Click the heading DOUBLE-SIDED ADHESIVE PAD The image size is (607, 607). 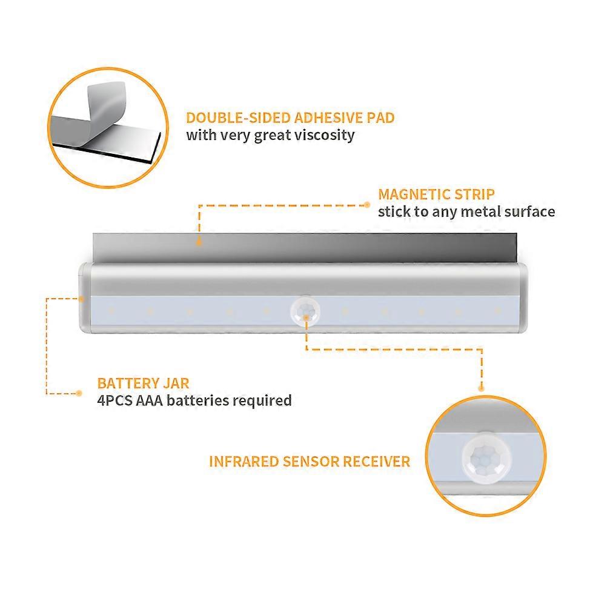click(x=290, y=118)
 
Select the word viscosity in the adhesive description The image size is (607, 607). click(x=323, y=134)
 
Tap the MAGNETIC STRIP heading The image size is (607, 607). click(x=436, y=194)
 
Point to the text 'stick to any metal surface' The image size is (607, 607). click(x=466, y=211)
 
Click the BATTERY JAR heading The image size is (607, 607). click(x=143, y=383)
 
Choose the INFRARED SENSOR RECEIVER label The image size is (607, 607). click(x=310, y=462)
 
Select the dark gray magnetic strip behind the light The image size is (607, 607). click(x=303, y=248)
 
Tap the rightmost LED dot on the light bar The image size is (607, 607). click(x=498, y=310)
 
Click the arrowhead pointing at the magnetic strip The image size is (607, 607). click(x=199, y=240)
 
